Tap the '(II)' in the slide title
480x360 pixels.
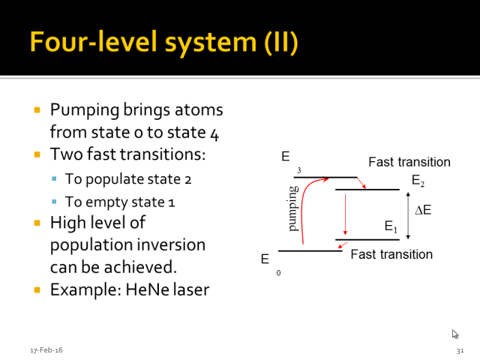pos(281,42)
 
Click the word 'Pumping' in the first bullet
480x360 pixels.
pos(85,110)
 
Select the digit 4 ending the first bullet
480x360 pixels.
pos(214,133)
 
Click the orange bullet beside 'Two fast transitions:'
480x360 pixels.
pos(37,154)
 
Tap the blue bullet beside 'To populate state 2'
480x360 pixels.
pos(54,178)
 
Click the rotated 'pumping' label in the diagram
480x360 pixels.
pos(293,208)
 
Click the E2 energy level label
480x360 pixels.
pos(418,180)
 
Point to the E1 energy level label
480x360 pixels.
pos(391,226)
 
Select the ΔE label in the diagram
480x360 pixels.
pos(423,210)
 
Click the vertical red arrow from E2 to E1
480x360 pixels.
pos(345,214)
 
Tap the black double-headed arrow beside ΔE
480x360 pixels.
pos(408,215)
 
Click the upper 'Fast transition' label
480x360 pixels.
pos(409,162)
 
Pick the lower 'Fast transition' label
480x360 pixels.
pos(391,254)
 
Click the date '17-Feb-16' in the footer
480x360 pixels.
pos(46,350)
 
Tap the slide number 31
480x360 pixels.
pos(460,351)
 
